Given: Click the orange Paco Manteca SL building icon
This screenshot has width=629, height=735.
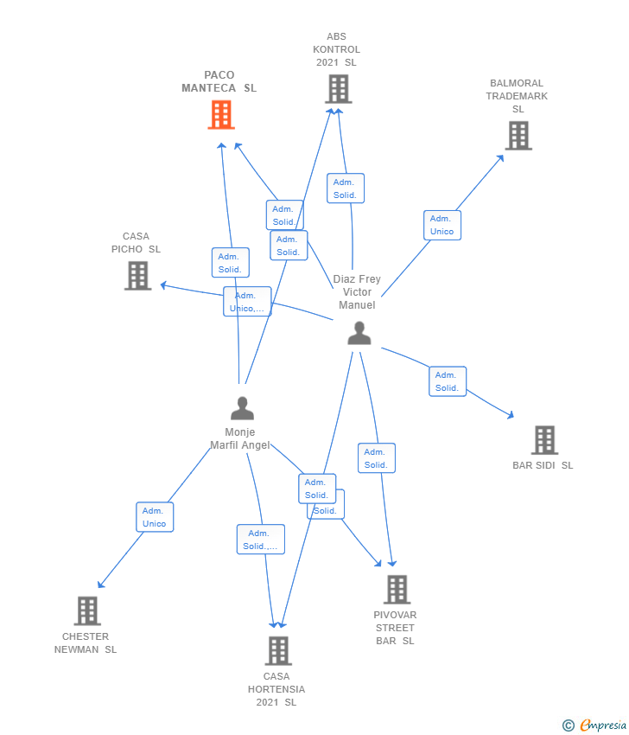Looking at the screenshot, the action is click(x=221, y=114).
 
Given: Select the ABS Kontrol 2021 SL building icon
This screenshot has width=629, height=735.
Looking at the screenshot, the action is click(x=338, y=89).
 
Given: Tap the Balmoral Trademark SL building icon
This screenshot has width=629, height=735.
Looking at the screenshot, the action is click(x=518, y=136).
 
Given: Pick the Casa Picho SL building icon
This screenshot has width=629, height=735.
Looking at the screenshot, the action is click(x=137, y=276).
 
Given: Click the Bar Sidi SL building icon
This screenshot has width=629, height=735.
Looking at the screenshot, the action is click(x=544, y=440).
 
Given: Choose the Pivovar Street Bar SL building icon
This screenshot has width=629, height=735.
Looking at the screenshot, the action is click(x=397, y=590).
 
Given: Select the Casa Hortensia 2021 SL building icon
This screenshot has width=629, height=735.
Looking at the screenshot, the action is click(x=277, y=651).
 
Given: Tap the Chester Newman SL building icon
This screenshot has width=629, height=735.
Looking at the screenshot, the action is click(x=86, y=611).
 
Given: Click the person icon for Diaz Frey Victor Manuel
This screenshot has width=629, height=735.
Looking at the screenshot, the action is click(x=359, y=333).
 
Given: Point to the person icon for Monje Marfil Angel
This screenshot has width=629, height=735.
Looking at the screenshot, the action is click(x=242, y=408).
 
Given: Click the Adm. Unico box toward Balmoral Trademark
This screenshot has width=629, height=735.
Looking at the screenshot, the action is click(x=442, y=225).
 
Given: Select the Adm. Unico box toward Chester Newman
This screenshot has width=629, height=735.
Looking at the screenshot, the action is click(x=155, y=517).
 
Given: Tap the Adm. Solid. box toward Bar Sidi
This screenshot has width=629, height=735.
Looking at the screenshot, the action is click(x=448, y=381).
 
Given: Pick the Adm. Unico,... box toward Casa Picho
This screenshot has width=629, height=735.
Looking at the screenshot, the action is click(x=247, y=302).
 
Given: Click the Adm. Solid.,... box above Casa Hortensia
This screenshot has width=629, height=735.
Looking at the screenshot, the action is click(x=260, y=540).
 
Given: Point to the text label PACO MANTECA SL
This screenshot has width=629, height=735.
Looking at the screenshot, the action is click(x=219, y=81).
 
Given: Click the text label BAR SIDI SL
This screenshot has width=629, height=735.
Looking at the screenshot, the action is click(x=543, y=465).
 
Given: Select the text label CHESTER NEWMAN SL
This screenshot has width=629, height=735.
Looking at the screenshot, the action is click(x=86, y=643).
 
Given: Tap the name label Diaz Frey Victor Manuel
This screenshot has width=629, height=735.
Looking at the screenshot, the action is click(x=357, y=292).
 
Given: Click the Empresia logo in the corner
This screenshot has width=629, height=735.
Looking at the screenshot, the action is click(x=594, y=725).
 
